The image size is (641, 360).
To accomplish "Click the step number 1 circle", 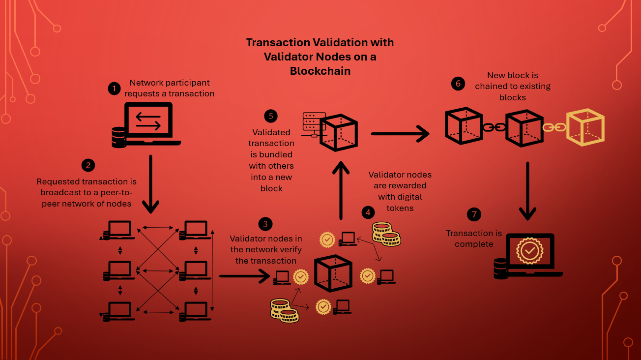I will click(114, 89).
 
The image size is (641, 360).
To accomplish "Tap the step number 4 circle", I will click(367, 212).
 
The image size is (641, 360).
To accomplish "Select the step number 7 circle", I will click(474, 214).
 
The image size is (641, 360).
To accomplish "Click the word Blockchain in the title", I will click(320, 71).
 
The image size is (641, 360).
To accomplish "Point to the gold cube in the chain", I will click(585, 127).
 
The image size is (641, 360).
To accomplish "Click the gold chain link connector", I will click(554, 127).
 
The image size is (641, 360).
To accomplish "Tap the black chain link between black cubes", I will click(494, 127).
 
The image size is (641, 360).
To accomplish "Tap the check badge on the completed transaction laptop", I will click(529, 251).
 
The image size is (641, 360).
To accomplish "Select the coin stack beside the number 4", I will click(386, 234).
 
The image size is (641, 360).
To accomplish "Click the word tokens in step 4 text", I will click(400, 208).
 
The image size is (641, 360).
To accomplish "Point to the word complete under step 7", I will click(474, 244).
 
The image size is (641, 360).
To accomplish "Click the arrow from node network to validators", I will click(244, 276).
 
